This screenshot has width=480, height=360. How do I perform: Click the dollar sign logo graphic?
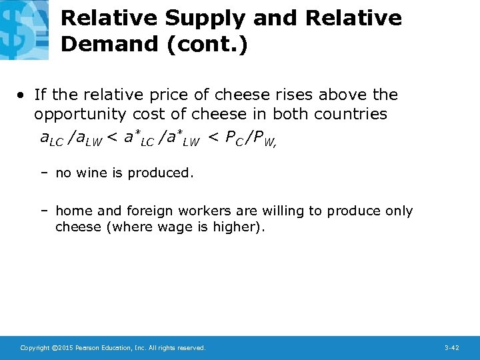click(x=23, y=30)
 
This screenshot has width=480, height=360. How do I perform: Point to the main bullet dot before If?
click(x=23, y=95)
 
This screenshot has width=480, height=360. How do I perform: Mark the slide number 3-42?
click(x=451, y=348)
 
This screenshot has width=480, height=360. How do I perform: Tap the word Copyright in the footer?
click(x=35, y=348)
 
